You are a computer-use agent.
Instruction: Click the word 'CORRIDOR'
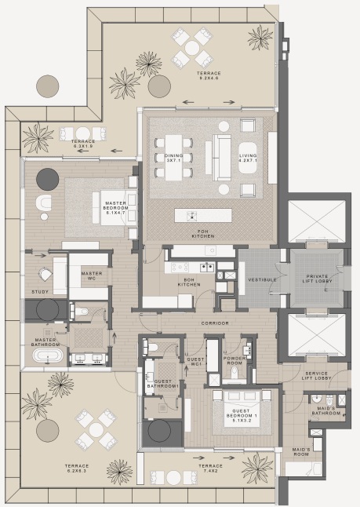[213, 323]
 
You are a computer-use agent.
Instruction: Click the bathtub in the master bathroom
[49, 356]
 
